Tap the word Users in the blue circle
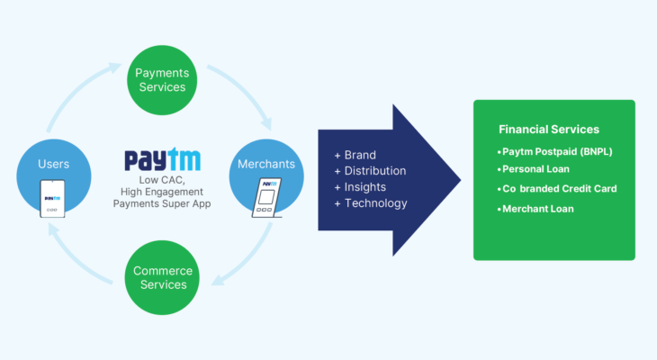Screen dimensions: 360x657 click(52, 164)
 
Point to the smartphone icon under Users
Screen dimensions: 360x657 click(53, 200)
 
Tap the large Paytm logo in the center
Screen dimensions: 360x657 click(163, 160)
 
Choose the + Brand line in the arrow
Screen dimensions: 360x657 click(355, 155)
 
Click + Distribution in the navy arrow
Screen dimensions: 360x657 click(370, 171)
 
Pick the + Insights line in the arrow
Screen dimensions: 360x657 click(361, 187)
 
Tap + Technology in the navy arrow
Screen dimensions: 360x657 click(370, 203)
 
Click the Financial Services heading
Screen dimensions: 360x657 click(549, 130)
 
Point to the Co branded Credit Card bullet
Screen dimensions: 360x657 click(558, 189)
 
